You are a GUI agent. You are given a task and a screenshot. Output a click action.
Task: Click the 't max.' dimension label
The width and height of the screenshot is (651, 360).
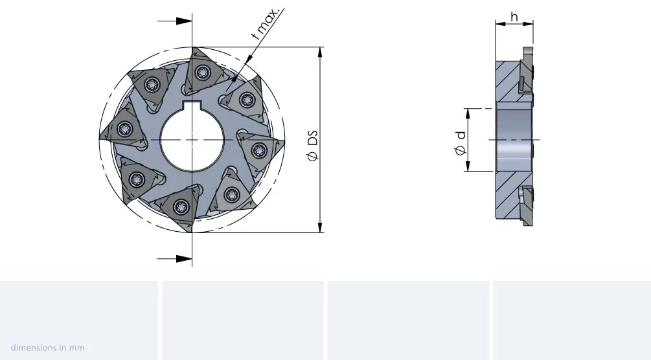266,23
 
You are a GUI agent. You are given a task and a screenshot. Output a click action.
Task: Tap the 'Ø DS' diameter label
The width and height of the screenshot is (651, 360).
313,146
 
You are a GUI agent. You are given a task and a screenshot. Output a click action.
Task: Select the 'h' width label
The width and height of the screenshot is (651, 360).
514,17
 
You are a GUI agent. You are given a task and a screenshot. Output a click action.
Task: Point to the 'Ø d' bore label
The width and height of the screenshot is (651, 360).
461,143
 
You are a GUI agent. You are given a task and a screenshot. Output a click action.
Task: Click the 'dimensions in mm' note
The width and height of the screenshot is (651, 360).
48,348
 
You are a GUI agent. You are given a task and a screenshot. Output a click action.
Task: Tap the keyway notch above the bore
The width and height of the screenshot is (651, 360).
192,105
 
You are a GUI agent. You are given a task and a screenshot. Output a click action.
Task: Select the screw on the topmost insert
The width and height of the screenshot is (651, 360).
202,73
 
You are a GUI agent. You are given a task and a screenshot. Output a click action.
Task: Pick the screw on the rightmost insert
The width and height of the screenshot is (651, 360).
259,150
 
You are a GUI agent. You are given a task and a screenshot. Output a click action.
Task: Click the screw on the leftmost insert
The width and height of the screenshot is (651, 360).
125,129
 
